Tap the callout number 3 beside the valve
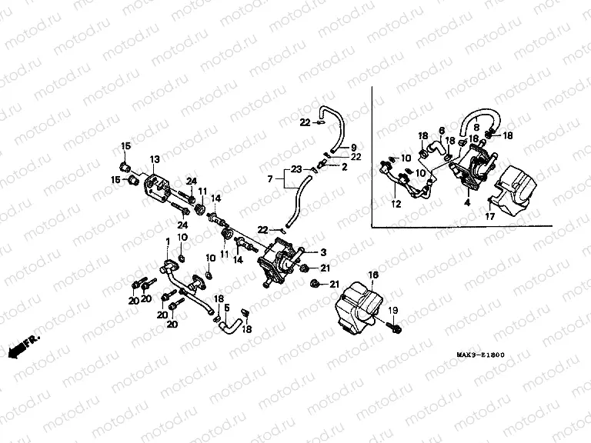click(x=322, y=252)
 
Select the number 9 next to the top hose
click(x=353, y=147)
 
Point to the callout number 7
click(x=269, y=179)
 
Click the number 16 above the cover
click(x=373, y=275)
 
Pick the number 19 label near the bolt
click(x=391, y=309)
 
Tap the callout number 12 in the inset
click(x=396, y=205)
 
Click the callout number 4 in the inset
click(x=466, y=204)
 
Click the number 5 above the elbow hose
click(x=226, y=308)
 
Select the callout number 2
click(x=345, y=166)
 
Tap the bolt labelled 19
click(x=395, y=328)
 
